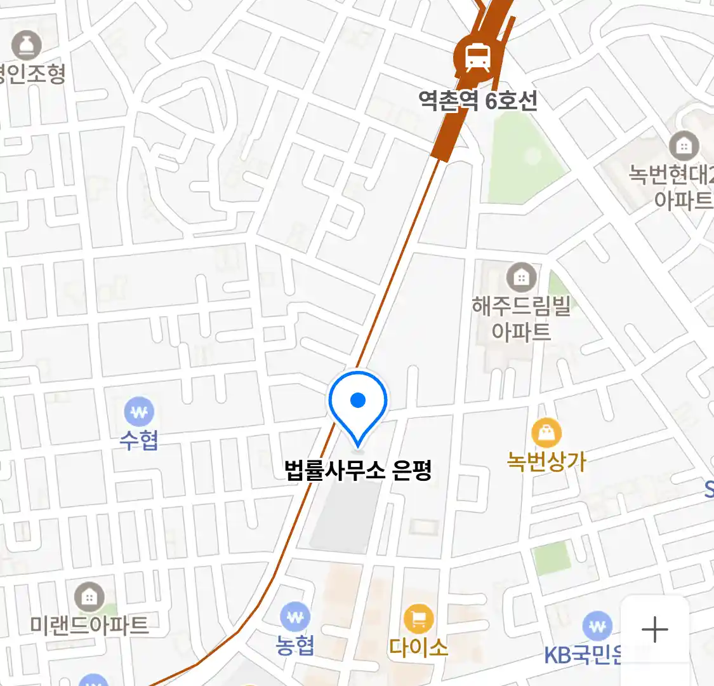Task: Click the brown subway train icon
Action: [x=477, y=58]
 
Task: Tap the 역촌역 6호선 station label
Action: [x=478, y=100]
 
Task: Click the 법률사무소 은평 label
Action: [x=359, y=471]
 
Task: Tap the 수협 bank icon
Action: [x=139, y=413]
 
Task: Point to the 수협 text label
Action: [x=139, y=440]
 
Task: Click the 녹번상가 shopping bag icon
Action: [x=546, y=433]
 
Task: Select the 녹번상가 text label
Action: [x=546, y=461]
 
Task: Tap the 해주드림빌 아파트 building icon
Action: [x=521, y=277]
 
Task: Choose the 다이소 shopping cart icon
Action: [x=418, y=619]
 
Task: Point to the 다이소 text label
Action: [x=418, y=647]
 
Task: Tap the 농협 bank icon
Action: [x=295, y=617]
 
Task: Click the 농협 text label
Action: [x=295, y=645]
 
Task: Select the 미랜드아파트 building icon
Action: [x=89, y=597]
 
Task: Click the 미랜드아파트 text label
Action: [x=89, y=625]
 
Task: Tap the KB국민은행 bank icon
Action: [x=597, y=626]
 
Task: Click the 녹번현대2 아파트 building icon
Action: [x=684, y=147]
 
